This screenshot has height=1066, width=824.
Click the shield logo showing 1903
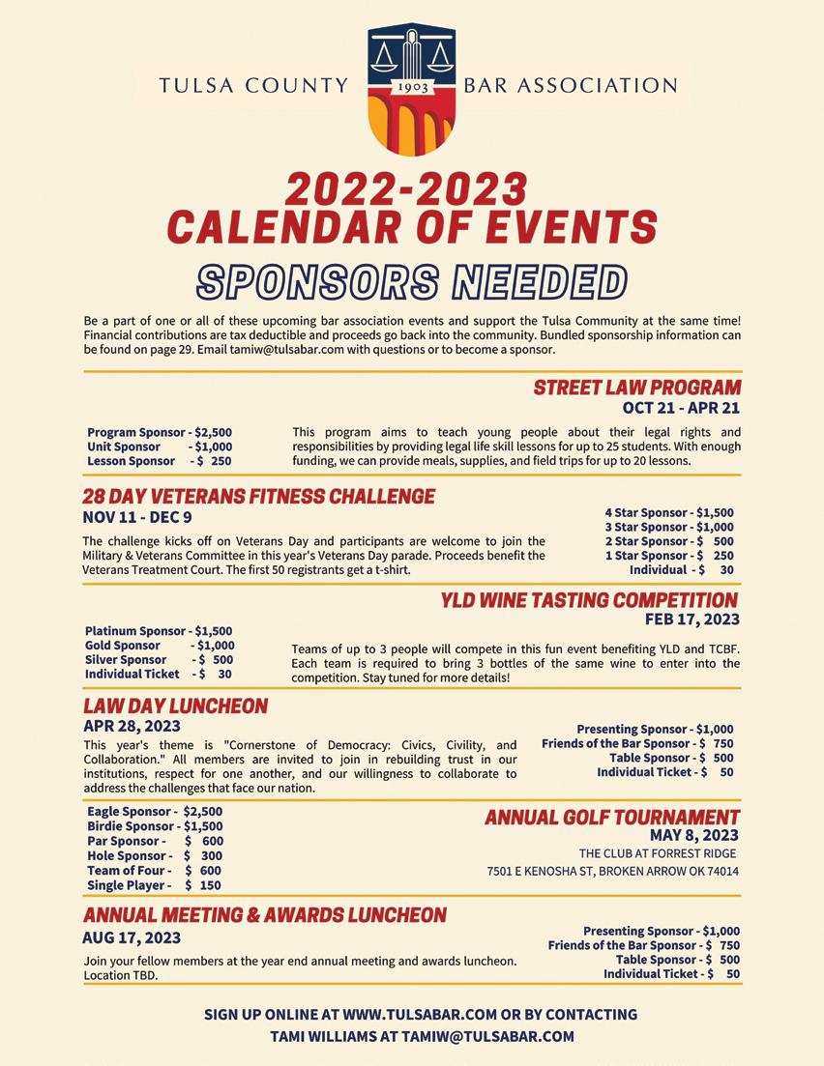[x=412, y=90]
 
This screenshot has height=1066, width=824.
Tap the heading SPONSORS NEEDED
[x=412, y=281]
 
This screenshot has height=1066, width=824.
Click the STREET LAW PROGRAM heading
[x=636, y=389]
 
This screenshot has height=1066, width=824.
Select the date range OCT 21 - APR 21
[x=681, y=408]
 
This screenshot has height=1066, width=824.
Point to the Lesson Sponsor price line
[x=159, y=461]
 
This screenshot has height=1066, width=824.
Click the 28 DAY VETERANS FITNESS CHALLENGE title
[x=258, y=497]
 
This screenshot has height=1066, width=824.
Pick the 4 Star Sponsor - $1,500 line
[x=669, y=513]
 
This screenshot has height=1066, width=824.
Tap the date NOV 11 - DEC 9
[x=137, y=517]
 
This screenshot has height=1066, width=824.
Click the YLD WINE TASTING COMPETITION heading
[x=589, y=600]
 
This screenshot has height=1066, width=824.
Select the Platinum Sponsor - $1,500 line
[x=159, y=631]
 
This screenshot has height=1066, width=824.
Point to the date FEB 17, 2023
[x=692, y=619]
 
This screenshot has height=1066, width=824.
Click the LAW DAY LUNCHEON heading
[x=175, y=706]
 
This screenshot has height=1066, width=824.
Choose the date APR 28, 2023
[x=132, y=726]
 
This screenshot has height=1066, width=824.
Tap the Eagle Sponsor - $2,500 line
[x=155, y=812]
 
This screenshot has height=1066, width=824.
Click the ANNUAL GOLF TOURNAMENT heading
[x=611, y=818]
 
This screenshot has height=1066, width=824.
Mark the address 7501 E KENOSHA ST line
[x=612, y=872]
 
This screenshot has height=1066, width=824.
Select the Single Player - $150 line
[x=154, y=885]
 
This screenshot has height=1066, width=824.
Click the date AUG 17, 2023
[x=132, y=937]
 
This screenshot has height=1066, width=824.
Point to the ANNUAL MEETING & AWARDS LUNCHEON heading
[x=265, y=915]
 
